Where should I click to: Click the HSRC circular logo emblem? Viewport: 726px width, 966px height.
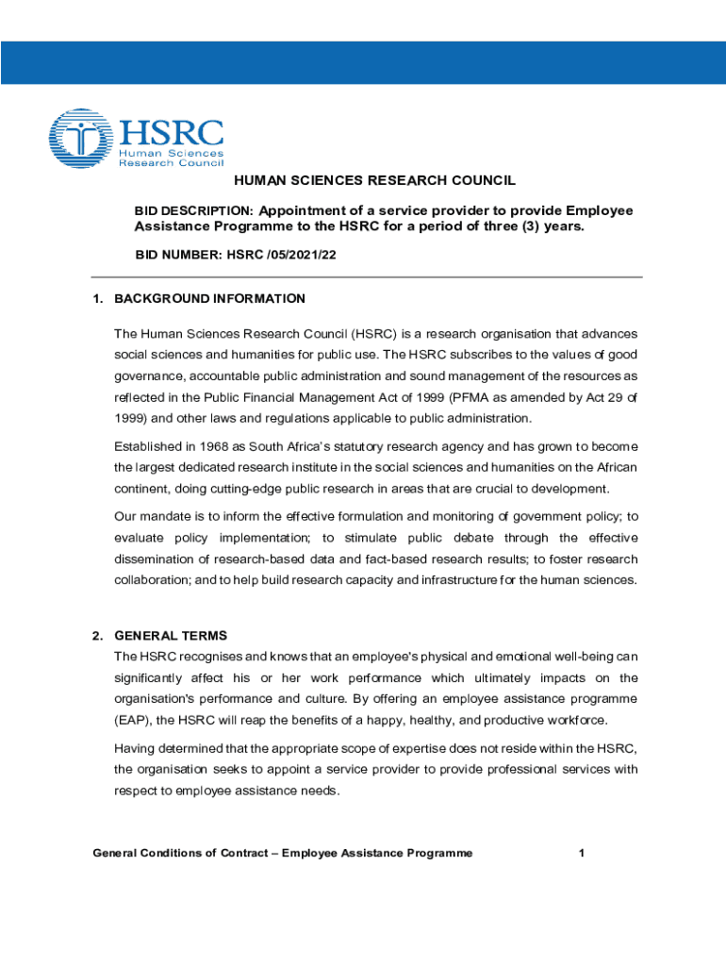tap(80, 140)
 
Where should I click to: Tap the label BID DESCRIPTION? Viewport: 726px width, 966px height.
tap(193, 210)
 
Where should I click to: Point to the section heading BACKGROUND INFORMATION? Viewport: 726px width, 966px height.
tap(209, 299)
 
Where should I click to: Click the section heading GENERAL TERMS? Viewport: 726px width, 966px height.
tap(171, 636)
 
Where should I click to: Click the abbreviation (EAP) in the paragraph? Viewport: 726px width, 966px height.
tap(132, 721)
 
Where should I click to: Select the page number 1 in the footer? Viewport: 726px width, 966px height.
tap(583, 854)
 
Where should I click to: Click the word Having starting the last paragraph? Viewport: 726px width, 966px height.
tap(135, 748)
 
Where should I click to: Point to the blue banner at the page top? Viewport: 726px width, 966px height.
tap(363, 63)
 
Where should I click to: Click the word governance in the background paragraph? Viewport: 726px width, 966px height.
tap(152, 375)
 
